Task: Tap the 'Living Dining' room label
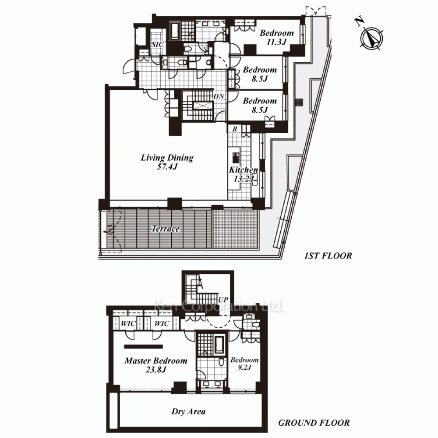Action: pyautogui.click(x=167, y=158)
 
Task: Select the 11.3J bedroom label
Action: pyautogui.click(x=276, y=37)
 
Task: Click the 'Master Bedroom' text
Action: pyautogui.click(x=156, y=360)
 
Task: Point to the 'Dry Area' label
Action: pyautogui.click(x=188, y=411)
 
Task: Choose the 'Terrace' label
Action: pyautogui.click(x=166, y=229)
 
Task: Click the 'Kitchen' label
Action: pyautogui.click(x=243, y=170)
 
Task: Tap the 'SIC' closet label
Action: pyautogui.click(x=157, y=45)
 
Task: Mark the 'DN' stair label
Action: pyautogui.click(x=219, y=96)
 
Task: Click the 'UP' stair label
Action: pyautogui.click(x=223, y=300)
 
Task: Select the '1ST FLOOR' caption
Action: pyautogui.click(x=328, y=256)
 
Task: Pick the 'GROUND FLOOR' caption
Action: pyautogui.click(x=314, y=423)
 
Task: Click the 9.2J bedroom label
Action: pyautogui.click(x=244, y=364)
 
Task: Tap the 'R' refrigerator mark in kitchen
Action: pyautogui.click(x=235, y=129)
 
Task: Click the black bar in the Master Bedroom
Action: pyautogui.click(x=143, y=346)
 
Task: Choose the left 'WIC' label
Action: pyautogui.click(x=128, y=324)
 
